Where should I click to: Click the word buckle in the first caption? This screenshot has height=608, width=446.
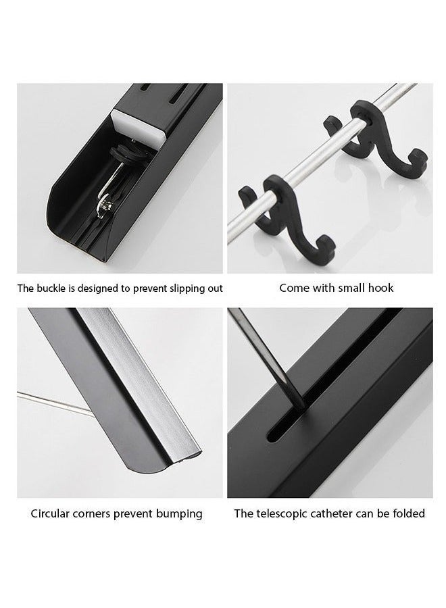pyautogui.click(x=51, y=288)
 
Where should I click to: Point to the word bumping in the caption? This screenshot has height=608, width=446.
pyautogui.click(x=179, y=514)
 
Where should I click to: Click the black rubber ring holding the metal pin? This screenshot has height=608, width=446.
pyautogui.click(x=129, y=153)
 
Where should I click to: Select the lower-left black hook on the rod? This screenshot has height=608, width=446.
pyautogui.click(x=285, y=217)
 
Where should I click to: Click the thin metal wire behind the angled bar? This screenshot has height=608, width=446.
pyautogui.click(x=55, y=404)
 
